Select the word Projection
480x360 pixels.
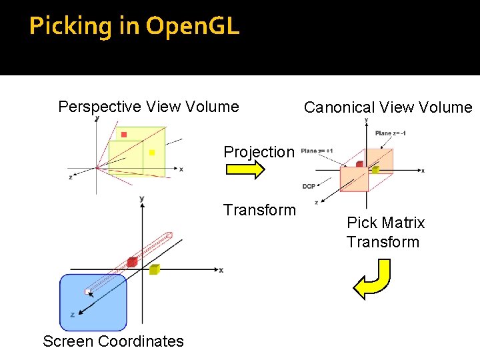(x=259, y=152)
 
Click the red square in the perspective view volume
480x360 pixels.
(x=124, y=135)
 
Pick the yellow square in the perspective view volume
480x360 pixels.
(x=152, y=153)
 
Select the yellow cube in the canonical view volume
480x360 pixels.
(x=375, y=169)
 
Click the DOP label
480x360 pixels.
(x=309, y=187)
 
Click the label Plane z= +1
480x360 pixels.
(x=317, y=151)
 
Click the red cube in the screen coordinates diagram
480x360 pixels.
(x=131, y=261)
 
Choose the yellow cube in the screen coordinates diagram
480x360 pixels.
(x=154, y=269)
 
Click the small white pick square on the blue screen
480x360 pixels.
(x=88, y=291)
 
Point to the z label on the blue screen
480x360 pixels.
(x=72, y=314)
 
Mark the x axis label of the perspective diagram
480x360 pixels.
(x=181, y=169)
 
